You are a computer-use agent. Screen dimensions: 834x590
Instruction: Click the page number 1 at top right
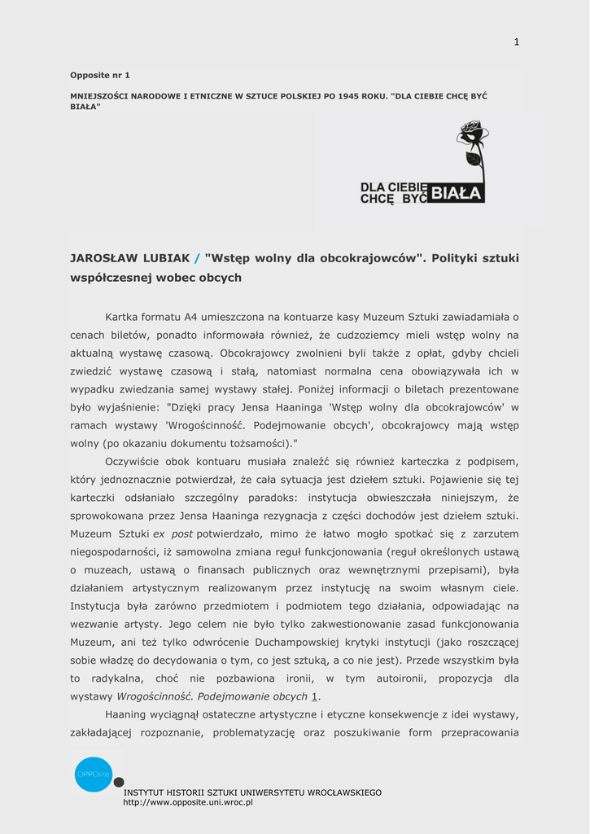point(516,42)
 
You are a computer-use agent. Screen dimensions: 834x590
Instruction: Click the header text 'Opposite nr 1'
point(100,75)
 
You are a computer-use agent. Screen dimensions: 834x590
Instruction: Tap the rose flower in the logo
point(471,133)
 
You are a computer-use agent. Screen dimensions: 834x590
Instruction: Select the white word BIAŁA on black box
point(457,193)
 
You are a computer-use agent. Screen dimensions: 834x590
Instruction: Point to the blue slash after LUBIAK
point(197,258)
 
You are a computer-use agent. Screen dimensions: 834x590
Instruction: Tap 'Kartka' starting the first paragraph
point(124,317)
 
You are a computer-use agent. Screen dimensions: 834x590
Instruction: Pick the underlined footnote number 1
point(316,696)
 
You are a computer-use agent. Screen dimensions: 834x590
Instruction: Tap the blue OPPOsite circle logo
point(93,774)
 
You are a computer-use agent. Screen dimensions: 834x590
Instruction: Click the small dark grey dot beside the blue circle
point(119,783)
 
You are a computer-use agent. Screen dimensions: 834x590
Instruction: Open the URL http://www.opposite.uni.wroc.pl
point(188,802)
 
